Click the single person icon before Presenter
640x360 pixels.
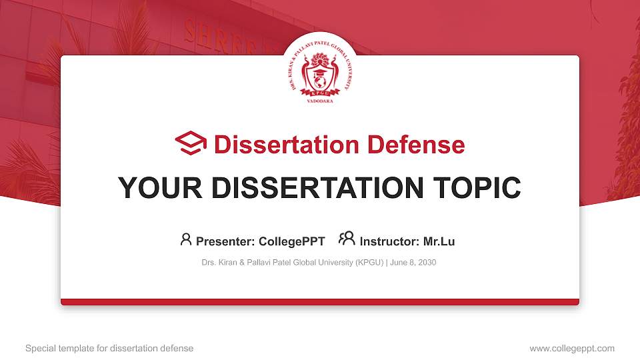(x=186, y=239)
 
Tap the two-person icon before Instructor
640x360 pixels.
(x=347, y=239)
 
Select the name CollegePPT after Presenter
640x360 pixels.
(x=291, y=241)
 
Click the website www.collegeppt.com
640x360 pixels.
(x=571, y=348)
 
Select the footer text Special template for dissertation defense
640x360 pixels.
(x=109, y=348)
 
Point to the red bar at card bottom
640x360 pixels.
(x=320, y=302)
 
